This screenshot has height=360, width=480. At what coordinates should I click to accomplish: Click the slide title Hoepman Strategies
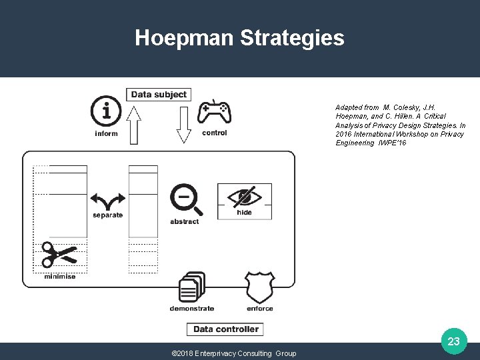[239, 38]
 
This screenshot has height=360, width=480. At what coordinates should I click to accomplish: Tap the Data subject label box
[159, 95]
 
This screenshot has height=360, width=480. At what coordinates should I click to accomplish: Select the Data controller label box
[225, 329]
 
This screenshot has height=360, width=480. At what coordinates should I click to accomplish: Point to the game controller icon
[215, 111]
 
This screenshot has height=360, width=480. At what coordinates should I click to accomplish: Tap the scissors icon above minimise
[59, 255]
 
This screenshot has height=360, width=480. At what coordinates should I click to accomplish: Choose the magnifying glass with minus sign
[183, 199]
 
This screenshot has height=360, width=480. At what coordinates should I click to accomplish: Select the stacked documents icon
[192, 287]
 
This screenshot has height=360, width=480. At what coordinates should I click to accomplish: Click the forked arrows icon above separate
[108, 201]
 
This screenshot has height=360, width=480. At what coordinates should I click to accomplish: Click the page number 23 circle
[453, 341]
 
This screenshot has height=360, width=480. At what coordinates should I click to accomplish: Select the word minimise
[60, 277]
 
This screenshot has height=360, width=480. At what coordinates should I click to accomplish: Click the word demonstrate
[192, 309]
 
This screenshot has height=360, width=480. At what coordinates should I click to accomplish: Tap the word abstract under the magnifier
[184, 221]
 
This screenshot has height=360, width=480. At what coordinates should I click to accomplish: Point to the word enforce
[259, 309]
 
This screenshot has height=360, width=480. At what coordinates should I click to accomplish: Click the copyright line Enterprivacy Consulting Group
[234, 353]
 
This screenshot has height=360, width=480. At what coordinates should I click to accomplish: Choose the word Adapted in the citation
[348, 107]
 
